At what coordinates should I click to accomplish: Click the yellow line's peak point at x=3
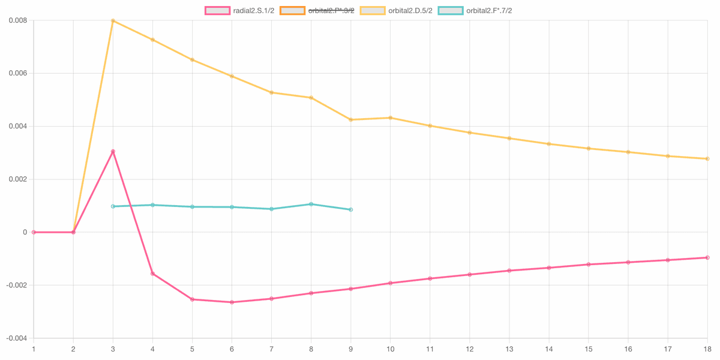[x=113, y=20]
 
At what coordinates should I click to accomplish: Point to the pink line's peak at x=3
[x=113, y=151]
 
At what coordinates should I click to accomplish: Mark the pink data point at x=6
[x=232, y=302]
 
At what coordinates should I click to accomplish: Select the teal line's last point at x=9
[x=351, y=209]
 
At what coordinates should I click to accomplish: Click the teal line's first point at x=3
[x=113, y=206]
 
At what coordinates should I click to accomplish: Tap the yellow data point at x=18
[x=707, y=158]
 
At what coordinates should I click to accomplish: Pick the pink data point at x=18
[x=707, y=257]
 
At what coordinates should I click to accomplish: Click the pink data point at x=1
[x=34, y=232]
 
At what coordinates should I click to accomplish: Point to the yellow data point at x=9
[x=351, y=120]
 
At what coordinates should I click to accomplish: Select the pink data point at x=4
[x=152, y=274]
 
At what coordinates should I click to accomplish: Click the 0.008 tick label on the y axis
[x=18, y=20]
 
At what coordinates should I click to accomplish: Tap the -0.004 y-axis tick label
[x=17, y=338]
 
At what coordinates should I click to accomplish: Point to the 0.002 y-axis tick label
[x=18, y=179]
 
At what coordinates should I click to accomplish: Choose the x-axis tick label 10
[x=391, y=349]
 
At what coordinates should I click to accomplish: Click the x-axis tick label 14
[x=549, y=349]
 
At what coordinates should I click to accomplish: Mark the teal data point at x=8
[x=311, y=204]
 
